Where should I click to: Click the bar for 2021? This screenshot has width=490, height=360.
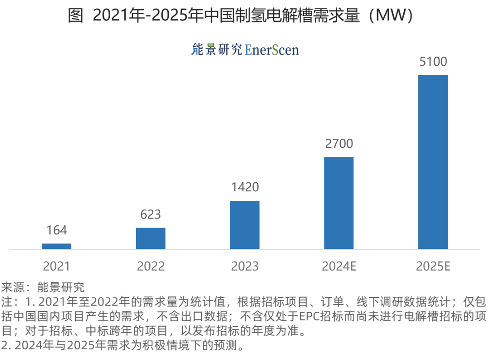click(x=57, y=246)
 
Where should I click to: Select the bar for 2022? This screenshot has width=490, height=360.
click(x=151, y=238)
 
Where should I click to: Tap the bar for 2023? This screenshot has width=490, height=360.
click(x=245, y=225)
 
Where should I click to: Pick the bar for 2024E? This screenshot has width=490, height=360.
click(x=338, y=203)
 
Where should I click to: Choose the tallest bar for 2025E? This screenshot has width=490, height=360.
click(x=433, y=162)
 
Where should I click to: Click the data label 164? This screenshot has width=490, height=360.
click(x=57, y=230)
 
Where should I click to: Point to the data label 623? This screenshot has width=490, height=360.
click(x=151, y=214)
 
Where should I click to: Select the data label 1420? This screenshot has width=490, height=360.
click(x=245, y=187)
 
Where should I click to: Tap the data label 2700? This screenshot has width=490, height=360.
click(x=338, y=144)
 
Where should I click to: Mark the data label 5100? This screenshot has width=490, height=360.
click(x=433, y=62)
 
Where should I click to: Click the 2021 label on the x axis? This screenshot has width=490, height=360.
click(x=57, y=266)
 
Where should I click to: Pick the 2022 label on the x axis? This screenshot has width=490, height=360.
click(x=151, y=266)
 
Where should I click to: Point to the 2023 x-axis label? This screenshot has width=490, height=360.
click(x=245, y=266)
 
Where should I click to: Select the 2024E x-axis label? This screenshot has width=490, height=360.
click(x=338, y=266)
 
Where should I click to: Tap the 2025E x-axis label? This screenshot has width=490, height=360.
click(x=433, y=266)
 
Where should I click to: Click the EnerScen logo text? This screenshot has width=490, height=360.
click(x=272, y=49)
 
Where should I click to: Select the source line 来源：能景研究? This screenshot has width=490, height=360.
click(x=43, y=287)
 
